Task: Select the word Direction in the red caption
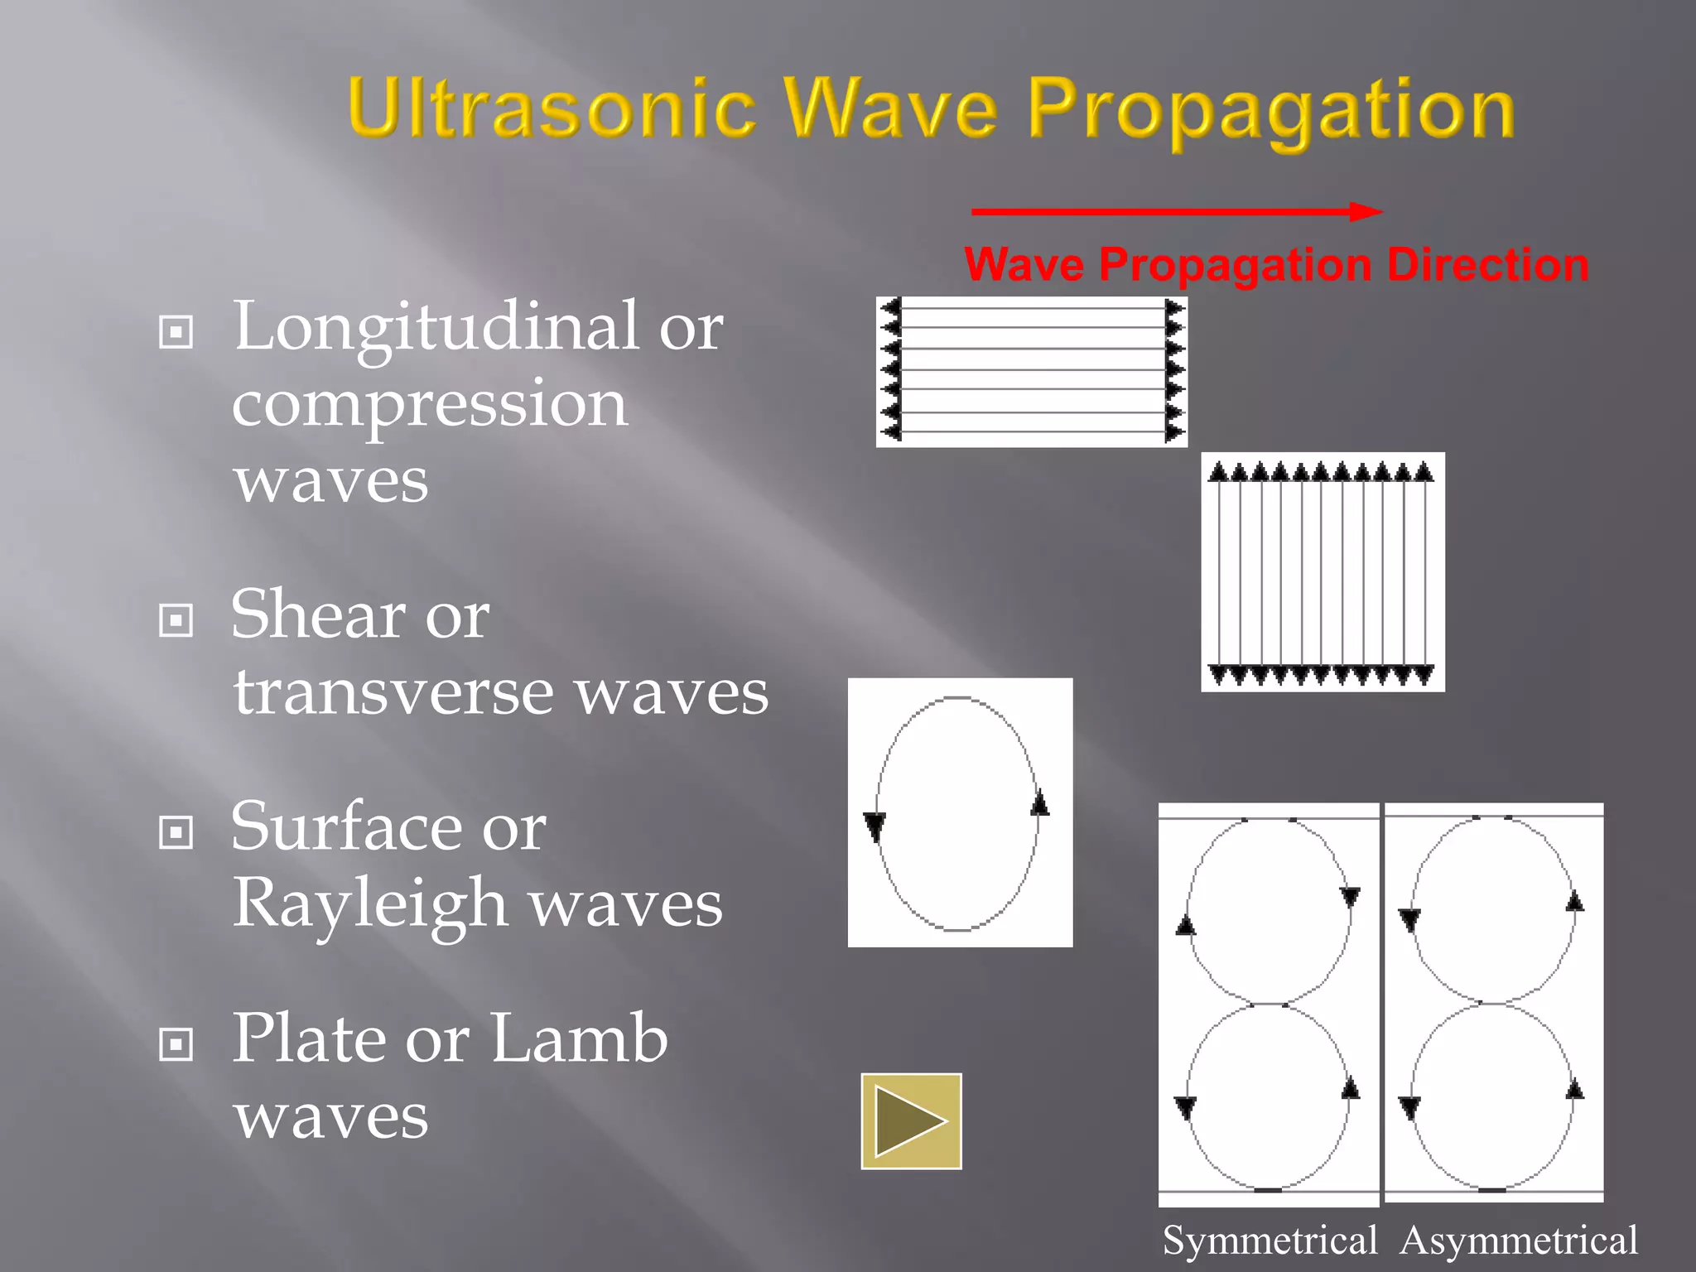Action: pos(1487,265)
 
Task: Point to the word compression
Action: pos(429,403)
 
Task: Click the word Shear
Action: pos(317,614)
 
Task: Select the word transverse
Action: pos(393,691)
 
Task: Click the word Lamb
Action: pos(579,1038)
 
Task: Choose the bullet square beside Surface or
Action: pos(176,832)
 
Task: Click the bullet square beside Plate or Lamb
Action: pos(176,1044)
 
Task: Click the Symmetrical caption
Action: pos(1270,1241)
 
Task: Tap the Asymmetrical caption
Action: pos(1519,1241)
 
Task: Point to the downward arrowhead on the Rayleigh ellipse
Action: pos(874,826)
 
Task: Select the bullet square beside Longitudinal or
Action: pos(176,332)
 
